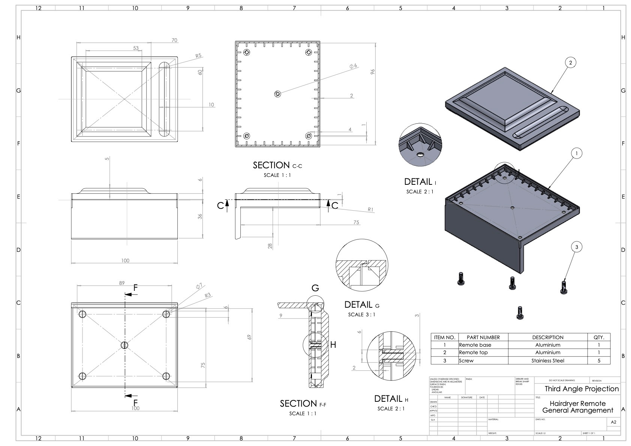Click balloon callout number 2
[570, 63]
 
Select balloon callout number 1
[576, 153]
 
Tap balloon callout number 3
[576, 247]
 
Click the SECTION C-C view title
[277, 165]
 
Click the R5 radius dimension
[198, 56]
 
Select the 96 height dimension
[372, 71]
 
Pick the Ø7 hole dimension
[199, 286]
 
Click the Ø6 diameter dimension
[353, 66]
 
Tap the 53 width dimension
[136, 48]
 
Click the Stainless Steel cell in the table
[547, 361]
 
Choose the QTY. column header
[598, 337]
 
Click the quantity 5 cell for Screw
[598, 361]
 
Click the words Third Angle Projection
[582, 389]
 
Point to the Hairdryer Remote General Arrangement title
[577, 407]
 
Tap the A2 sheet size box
[613, 422]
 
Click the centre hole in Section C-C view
[277, 94]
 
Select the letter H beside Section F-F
[333, 344]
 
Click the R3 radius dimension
[208, 295]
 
